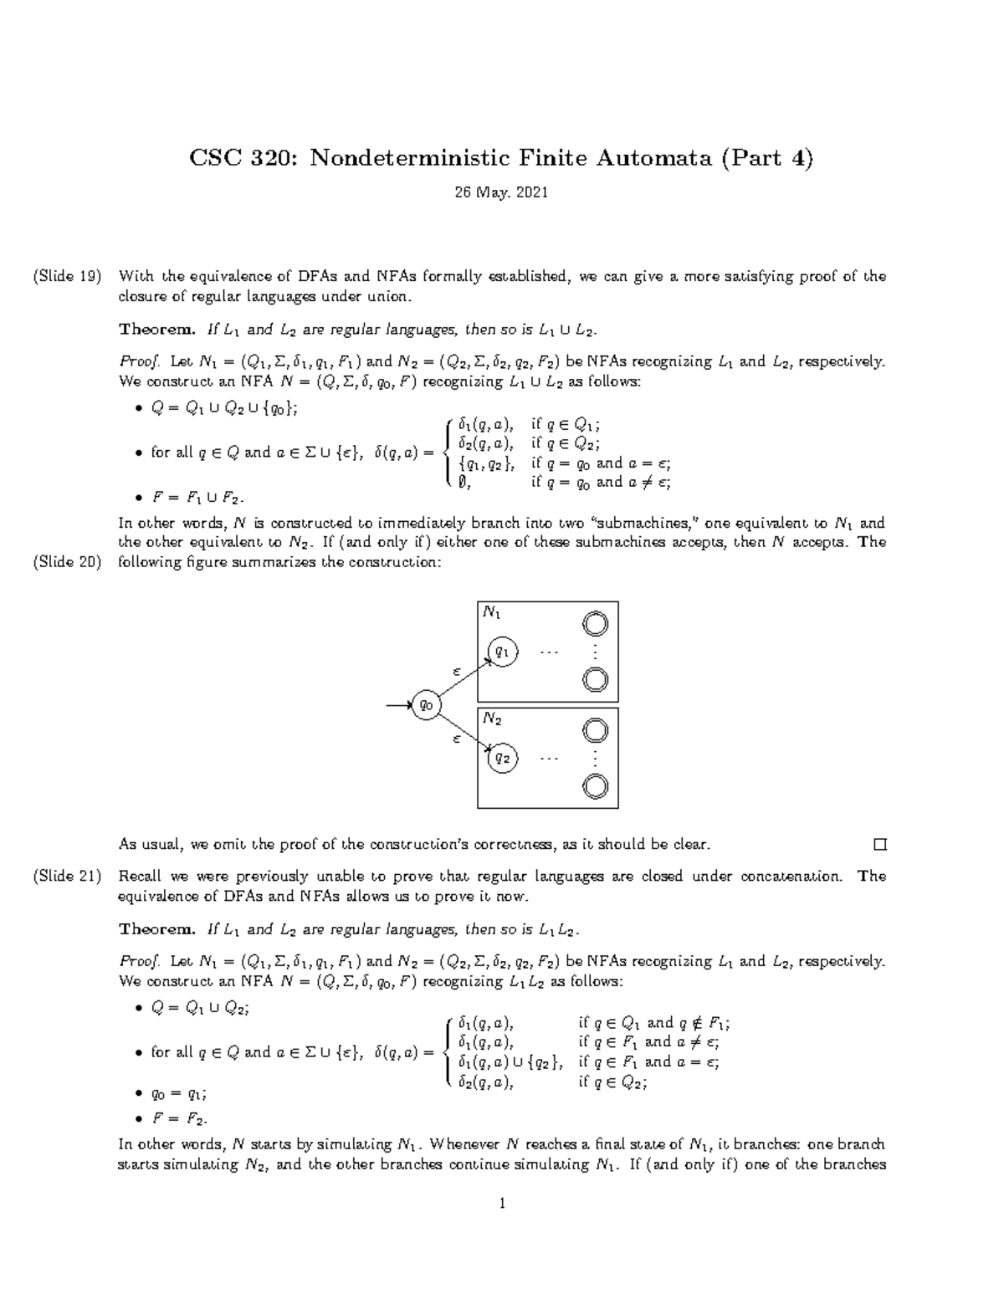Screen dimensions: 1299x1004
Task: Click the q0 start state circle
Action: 427,705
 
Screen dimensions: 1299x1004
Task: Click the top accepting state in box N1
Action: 595,624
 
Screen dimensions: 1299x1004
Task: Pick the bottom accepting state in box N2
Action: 595,785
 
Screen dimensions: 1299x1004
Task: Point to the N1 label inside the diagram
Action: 492,613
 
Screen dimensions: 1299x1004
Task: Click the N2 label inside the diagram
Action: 492,719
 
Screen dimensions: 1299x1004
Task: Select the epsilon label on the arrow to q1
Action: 457,671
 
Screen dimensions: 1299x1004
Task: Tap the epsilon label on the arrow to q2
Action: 457,739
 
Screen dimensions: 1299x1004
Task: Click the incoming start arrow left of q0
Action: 398,706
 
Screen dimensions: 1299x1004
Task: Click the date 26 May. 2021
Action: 501,192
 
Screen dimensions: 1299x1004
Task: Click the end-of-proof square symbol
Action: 878,845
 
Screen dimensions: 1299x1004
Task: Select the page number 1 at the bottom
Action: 502,1204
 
